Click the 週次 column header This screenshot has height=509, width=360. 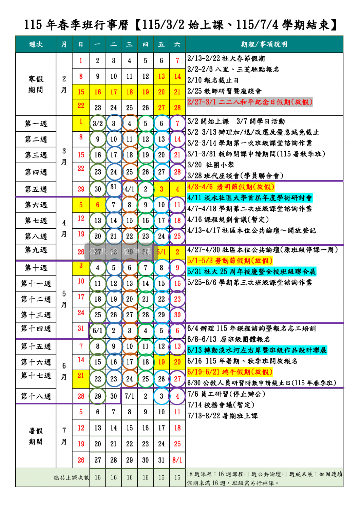[x=36, y=44]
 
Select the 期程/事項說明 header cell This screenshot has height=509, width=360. [x=264, y=44]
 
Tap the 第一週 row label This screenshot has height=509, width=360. [x=36, y=124]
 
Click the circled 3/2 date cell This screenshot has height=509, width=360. [x=98, y=124]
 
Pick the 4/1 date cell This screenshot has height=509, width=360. [x=130, y=189]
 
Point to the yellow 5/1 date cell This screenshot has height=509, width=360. [x=162, y=252]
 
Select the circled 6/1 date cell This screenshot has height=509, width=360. [x=98, y=331]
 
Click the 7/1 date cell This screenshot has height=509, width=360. [x=130, y=396]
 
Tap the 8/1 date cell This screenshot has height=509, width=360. [x=177, y=460]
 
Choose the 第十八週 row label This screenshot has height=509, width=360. [x=36, y=396]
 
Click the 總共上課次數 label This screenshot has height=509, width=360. [x=71, y=478]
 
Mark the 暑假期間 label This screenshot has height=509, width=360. [x=36, y=436]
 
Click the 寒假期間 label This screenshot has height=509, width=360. [x=36, y=84]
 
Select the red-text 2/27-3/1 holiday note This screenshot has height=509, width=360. [x=249, y=102]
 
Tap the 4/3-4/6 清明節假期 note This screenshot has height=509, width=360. [x=230, y=187]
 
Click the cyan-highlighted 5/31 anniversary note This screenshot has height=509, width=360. [x=251, y=271]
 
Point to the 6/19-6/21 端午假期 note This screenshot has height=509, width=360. [x=230, y=372]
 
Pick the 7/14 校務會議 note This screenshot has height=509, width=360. [x=221, y=405]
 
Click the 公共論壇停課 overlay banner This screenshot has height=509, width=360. [x=120, y=252]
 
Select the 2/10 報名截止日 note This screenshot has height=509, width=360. [x=213, y=80]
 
